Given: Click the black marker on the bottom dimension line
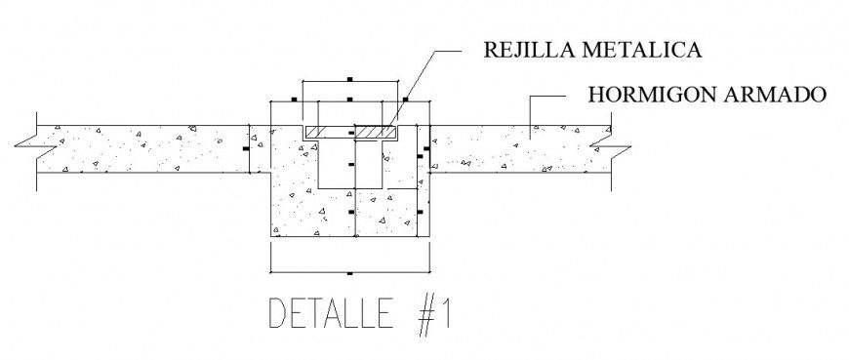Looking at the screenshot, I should click(349, 270).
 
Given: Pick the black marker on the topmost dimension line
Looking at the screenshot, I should click(349, 78).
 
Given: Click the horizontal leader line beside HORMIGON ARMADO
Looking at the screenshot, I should click(551, 96).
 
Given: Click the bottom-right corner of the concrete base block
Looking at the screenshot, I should click(430, 236).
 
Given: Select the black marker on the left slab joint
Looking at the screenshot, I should click(245, 148).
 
